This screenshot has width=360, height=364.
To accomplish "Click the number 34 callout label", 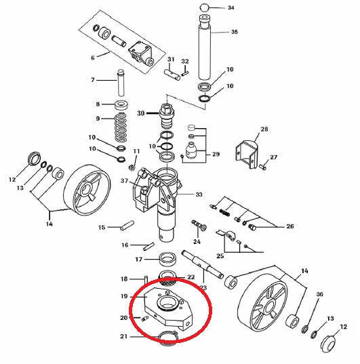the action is point(231,7).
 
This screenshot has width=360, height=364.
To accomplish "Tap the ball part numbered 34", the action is point(204,7).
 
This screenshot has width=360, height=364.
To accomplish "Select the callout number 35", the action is point(235,32).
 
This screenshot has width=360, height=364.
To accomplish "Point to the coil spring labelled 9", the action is point(121,127).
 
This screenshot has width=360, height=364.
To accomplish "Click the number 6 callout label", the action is point(93,58).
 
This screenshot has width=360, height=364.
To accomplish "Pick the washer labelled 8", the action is point(122,105).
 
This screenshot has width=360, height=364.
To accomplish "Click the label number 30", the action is point(141,113).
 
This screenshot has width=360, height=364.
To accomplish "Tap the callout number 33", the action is point(199,195).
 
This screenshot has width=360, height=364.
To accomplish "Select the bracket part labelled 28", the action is point(247,154).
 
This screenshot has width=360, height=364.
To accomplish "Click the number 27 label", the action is point(274,157).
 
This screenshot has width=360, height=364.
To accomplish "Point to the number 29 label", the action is point(216,154).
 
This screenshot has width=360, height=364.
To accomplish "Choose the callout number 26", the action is point(290,226).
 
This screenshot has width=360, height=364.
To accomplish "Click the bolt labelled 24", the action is point(199,225).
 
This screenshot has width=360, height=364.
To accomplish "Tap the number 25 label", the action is point(220,256).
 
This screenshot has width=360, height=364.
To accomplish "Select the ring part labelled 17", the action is point(167,259).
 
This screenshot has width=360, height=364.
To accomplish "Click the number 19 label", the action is point(124,296).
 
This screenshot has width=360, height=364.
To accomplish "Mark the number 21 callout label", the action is point(124,336).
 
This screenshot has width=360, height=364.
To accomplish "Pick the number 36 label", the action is point(320,294).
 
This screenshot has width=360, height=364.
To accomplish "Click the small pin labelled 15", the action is point(127,225).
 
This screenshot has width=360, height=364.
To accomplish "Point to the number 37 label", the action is point(125,180).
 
